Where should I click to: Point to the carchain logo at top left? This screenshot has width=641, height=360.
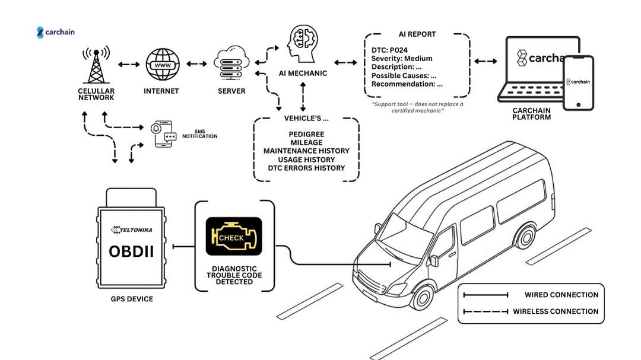pos(56,32)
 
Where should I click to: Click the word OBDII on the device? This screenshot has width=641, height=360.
pos(131,251)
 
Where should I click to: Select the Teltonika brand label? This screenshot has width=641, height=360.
pos(131,229)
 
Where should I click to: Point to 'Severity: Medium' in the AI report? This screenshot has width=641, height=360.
pos(402,58)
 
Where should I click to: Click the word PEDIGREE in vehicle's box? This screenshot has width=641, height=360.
pos(306,134)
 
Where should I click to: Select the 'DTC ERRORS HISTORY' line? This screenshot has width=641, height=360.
pos(306,168)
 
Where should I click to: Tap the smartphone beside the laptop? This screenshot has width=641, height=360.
pos(578,82)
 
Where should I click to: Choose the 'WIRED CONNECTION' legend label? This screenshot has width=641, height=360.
pos(561,295)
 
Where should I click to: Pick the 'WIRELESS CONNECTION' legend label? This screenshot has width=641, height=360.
pos(555,311)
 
